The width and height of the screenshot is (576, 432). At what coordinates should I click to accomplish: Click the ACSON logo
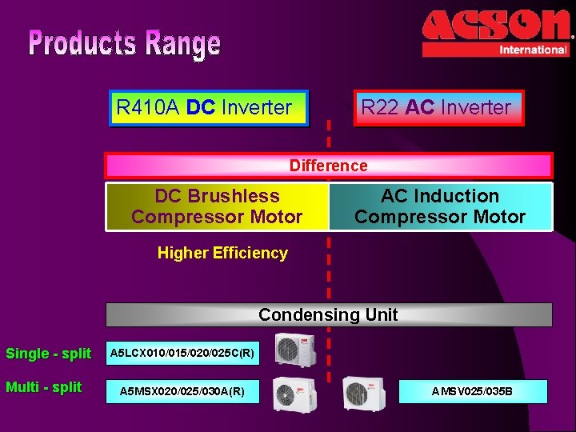pyautogui.click(x=496, y=26)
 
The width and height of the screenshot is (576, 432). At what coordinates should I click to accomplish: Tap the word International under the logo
pyautogui.click(x=532, y=50)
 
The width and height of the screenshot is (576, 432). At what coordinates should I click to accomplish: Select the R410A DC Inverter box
pyautogui.click(x=209, y=107)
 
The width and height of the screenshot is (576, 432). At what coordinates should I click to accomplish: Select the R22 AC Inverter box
pyautogui.click(x=438, y=107)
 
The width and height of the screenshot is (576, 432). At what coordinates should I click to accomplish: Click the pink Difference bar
pyautogui.click(x=329, y=166)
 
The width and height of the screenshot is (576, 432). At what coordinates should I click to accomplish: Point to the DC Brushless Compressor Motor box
pyautogui.click(x=217, y=206)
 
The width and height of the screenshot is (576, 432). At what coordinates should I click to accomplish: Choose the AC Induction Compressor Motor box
pyautogui.click(x=440, y=206)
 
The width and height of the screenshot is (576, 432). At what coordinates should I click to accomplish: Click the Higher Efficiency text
pyautogui.click(x=222, y=254)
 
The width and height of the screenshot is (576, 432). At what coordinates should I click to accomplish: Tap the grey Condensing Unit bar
pyautogui.click(x=329, y=314)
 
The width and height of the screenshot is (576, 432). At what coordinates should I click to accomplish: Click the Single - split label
pyautogui.click(x=49, y=354)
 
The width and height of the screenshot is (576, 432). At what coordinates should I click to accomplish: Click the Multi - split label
pyautogui.click(x=44, y=387)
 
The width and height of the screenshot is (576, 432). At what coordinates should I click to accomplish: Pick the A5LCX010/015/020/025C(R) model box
pyautogui.click(x=182, y=352)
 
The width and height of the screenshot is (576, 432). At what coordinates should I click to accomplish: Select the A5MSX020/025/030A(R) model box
pyautogui.click(x=182, y=391)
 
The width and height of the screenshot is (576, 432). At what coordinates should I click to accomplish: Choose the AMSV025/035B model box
pyautogui.click(x=472, y=391)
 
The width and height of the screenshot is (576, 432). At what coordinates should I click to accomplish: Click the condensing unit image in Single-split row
pyautogui.click(x=294, y=350)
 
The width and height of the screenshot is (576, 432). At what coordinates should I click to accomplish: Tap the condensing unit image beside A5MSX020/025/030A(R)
pyautogui.click(x=294, y=393)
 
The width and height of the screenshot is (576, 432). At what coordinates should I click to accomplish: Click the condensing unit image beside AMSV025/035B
pyautogui.click(x=364, y=393)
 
